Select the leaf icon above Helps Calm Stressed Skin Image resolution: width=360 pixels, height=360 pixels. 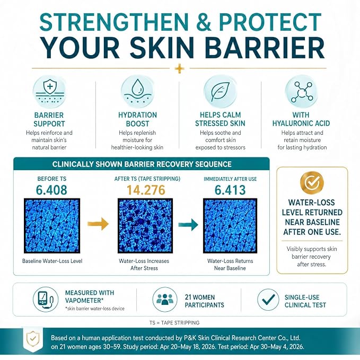[x=220, y=92]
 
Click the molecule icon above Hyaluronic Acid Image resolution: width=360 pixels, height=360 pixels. [x=302, y=92]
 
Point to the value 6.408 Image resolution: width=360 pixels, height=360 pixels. [x=51, y=190]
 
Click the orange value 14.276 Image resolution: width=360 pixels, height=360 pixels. [x=146, y=190]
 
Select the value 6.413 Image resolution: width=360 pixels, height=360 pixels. [x=230, y=190]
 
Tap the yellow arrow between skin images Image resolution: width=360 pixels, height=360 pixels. [x=98, y=224]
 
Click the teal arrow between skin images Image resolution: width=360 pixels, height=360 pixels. [x=188, y=224]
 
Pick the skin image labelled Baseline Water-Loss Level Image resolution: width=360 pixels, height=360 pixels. [x=52, y=226]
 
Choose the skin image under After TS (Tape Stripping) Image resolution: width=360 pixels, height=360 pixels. [x=145, y=226]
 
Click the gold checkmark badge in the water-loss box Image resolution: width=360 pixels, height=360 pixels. [x=312, y=183]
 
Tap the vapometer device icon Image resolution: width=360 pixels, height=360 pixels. [x=46, y=299]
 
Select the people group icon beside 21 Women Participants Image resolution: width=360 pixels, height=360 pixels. [x=165, y=300]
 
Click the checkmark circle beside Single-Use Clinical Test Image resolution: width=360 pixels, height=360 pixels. [x=268, y=300]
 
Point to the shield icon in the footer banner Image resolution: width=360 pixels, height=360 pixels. [x=33, y=339]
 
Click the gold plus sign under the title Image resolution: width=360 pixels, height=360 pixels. [x=179, y=68]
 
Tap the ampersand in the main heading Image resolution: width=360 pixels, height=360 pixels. [x=202, y=22]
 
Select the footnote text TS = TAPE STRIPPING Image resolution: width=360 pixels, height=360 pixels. [x=174, y=322]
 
